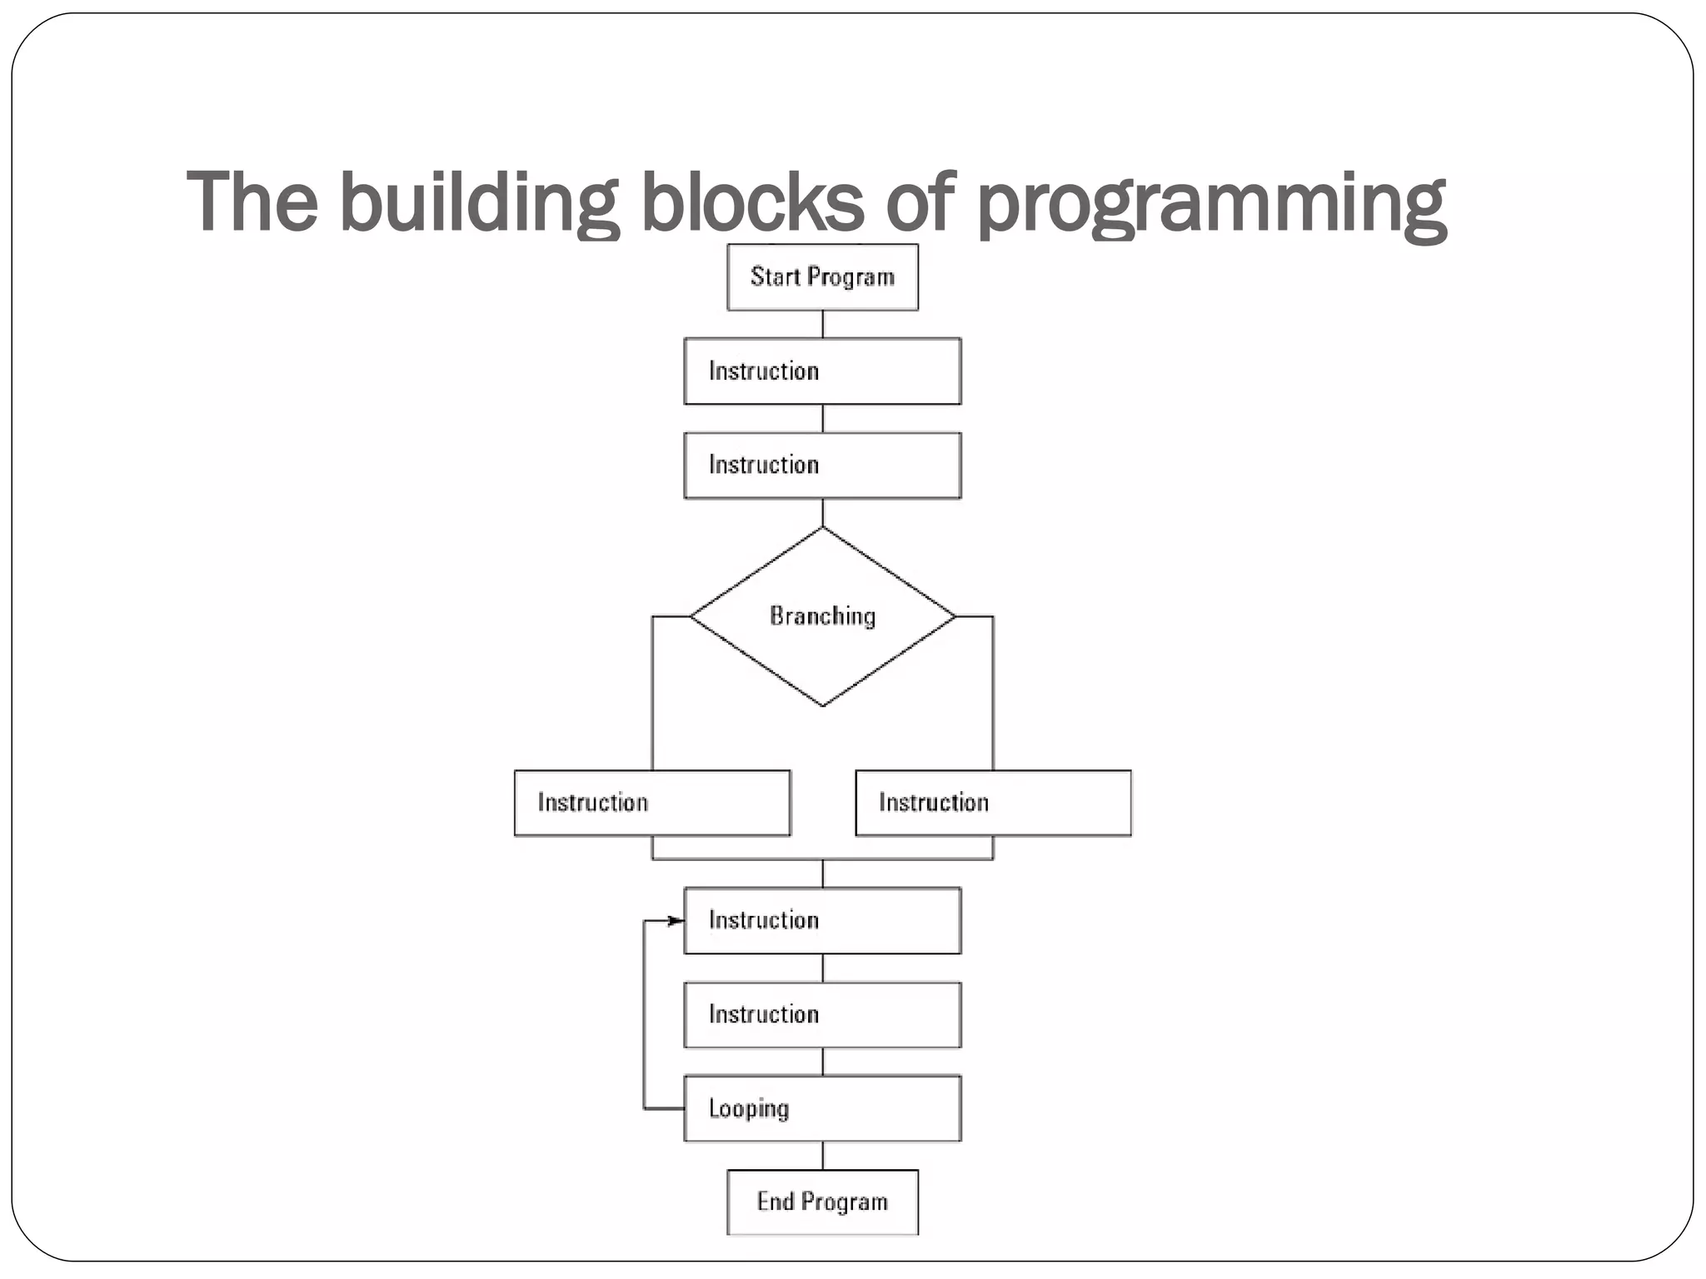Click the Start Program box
[x=822, y=277]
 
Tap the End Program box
[x=822, y=1202]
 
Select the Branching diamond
[x=822, y=616]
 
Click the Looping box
[x=822, y=1108]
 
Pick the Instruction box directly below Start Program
[x=822, y=371]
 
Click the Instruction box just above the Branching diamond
[x=822, y=465]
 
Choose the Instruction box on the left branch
[x=652, y=803]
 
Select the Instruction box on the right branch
[x=993, y=803]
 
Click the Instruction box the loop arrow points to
[x=822, y=920]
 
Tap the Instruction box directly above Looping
[x=822, y=1014]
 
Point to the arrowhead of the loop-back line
[x=676, y=920]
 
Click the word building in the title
[x=478, y=202]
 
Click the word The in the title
[x=252, y=202]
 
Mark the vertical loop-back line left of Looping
[x=644, y=1016]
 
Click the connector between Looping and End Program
[x=823, y=1155]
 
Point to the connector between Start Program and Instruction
[x=823, y=324]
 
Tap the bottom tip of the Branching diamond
[x=823, y=704]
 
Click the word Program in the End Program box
[x=846, y=1202]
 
